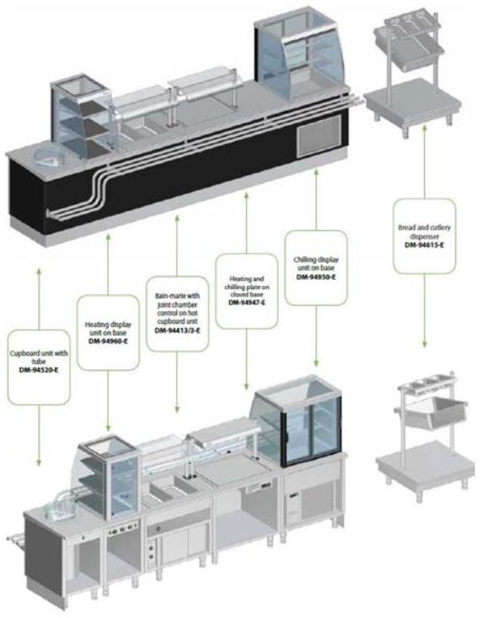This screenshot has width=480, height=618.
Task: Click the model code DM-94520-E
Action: coord(39,370)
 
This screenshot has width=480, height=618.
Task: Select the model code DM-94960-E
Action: coord(108,342)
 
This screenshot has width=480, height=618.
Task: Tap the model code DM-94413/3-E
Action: coord(177,331)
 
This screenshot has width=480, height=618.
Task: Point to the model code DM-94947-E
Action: coord(247,303)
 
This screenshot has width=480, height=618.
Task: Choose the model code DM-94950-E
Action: coord(316,276)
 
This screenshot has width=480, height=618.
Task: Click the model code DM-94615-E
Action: coord(424,245)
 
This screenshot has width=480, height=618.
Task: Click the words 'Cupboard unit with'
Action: coord(39,353)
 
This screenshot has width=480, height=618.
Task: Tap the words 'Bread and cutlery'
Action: coord(424,227)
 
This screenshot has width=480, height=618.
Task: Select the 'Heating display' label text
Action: coord(108,325)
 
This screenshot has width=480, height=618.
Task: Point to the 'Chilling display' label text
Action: coord(316,260)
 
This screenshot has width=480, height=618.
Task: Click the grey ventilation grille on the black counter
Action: coord(319,136)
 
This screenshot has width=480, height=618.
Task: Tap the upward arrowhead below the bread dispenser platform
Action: coord(424,129)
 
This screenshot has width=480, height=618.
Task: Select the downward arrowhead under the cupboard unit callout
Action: coord(39,462)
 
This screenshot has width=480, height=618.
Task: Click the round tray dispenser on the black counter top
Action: coord(52,159)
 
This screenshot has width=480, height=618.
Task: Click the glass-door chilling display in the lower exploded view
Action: coord(300,421)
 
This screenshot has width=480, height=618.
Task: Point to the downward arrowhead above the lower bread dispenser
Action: coord(424,344)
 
